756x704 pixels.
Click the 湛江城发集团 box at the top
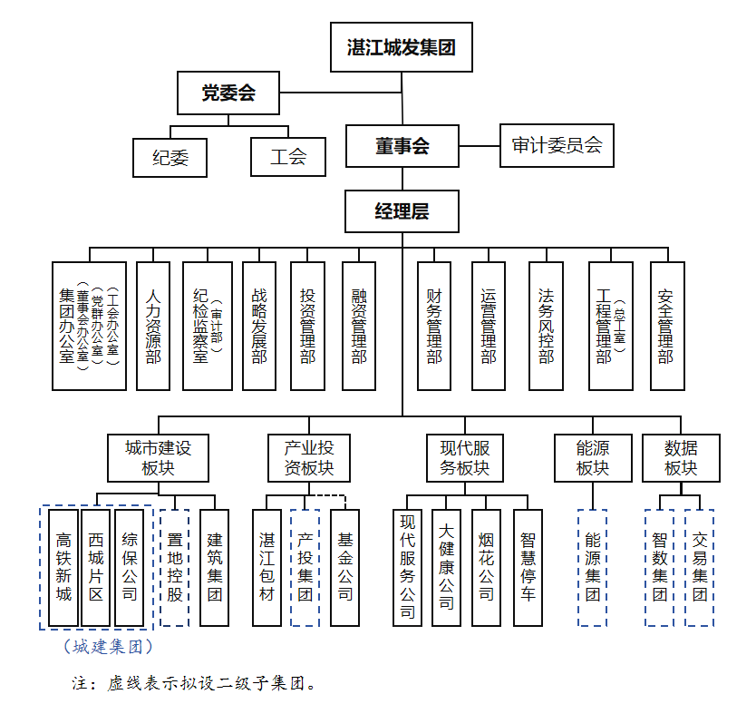[401, 47]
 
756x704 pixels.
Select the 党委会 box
[228, 93]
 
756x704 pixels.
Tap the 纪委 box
[170, 157]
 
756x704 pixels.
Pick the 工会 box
[288, 156]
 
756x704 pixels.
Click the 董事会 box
[402, 146]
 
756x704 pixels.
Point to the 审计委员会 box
[557, 145]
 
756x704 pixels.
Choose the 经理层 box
[402, 211]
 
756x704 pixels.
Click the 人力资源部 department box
[153, 326]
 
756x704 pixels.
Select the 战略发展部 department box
[259, 326]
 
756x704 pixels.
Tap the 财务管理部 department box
[434, 326]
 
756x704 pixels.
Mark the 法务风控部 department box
[546, 326]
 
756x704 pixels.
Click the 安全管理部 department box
[666, 326]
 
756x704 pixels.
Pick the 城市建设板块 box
[158, 457]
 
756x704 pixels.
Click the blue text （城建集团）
[107, 647]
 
